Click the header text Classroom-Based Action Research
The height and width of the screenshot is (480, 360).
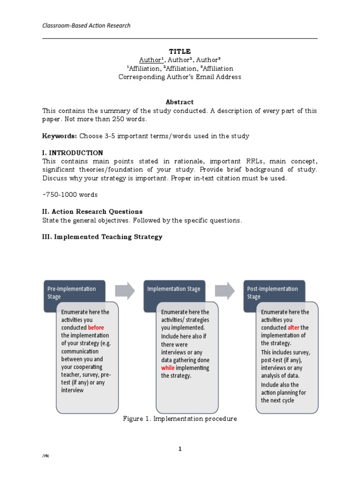pos(86,25)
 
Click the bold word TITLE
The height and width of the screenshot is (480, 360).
pos(180,52)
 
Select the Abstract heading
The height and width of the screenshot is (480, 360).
pos(180,102)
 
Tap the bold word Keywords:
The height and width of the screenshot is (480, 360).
pos(60,136)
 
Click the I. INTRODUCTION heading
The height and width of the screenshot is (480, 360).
pos(73,153)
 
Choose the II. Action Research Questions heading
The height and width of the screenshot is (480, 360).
pos(92,211)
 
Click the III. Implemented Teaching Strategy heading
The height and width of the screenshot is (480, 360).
pos(102,237)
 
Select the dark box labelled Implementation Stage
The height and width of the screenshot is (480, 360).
pos(174,289)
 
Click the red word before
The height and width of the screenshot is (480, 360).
pos(96,328)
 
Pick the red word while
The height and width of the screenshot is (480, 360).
pos(168,368)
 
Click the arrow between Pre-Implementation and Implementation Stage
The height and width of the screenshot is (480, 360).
pos(125,290)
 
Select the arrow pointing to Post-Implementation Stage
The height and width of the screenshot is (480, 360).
pos(225,290)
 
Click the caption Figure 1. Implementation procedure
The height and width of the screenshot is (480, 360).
pos(180,419)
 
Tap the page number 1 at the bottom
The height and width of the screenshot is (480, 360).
pos(180,449)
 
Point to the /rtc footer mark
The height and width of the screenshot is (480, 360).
pos(45,456)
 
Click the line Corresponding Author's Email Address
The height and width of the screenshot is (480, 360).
pos(180,77)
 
